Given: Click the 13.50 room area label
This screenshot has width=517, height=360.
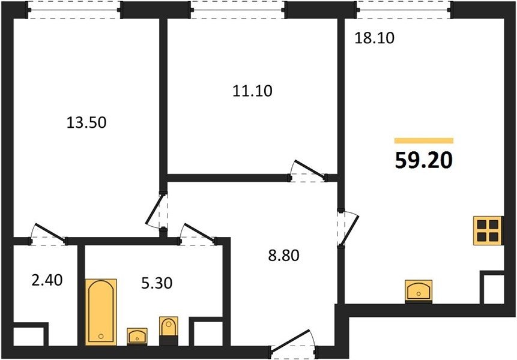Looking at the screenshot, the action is point(86,122).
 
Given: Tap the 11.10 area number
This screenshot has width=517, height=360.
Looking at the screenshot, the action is point(253,91).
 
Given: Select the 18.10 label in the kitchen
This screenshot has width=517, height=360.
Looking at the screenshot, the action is point(374,38).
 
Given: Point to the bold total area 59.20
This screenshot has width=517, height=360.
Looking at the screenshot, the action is point(424,161).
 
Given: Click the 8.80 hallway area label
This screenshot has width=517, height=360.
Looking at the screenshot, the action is point(284,256).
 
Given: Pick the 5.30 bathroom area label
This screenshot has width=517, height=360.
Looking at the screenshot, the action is point(157,283).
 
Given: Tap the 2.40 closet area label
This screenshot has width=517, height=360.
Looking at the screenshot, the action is point(47,281).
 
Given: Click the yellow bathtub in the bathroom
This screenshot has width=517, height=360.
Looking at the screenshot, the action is point(101,312).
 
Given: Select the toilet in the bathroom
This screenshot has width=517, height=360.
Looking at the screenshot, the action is point(169,331).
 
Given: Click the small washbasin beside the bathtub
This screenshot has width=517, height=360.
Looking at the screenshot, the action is point(137,336).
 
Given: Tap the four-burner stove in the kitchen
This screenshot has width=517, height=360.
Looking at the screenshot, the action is point(488,230).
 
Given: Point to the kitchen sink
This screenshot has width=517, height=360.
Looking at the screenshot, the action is point(419,291).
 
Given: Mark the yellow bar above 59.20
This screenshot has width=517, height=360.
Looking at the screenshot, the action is point(424,141).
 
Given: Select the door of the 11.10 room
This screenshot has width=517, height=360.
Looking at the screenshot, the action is point(308,171).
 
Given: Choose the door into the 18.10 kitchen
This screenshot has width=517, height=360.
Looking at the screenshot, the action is point(347,227).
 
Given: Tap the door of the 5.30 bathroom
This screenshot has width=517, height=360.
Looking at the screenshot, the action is point(198,234).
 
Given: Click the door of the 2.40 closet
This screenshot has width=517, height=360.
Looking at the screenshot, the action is point(49,234).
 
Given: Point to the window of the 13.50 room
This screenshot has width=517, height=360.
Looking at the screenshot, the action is point(74,10).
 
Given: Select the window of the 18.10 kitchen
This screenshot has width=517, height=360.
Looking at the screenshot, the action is point(404,10).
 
